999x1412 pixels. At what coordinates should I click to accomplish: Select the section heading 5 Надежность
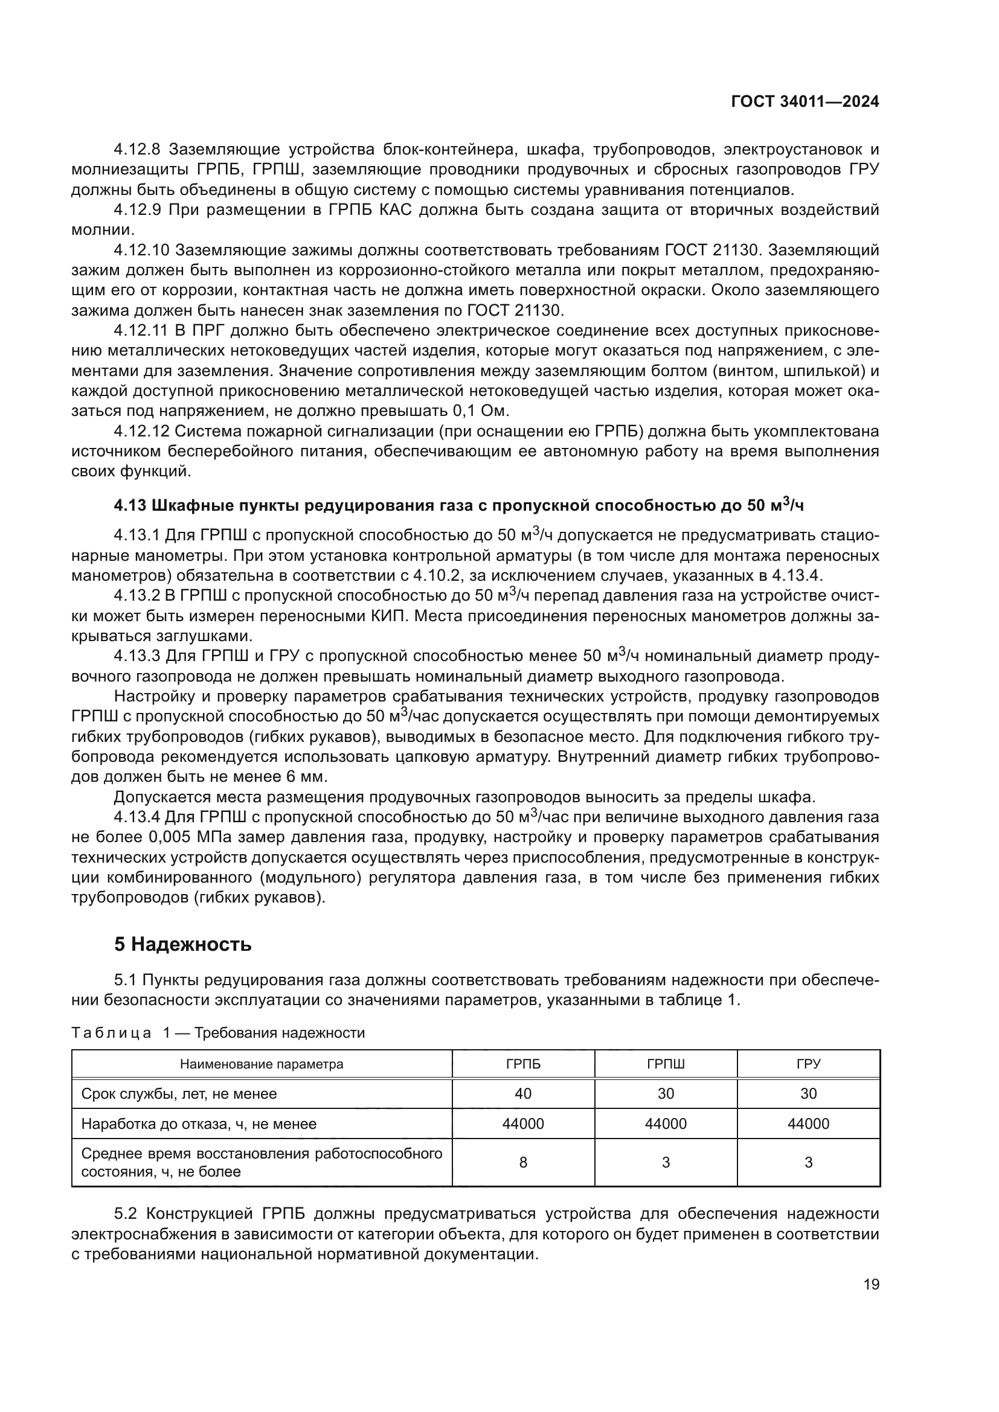pos(182,944)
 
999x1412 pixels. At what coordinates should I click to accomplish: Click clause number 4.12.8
pos(137,150)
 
